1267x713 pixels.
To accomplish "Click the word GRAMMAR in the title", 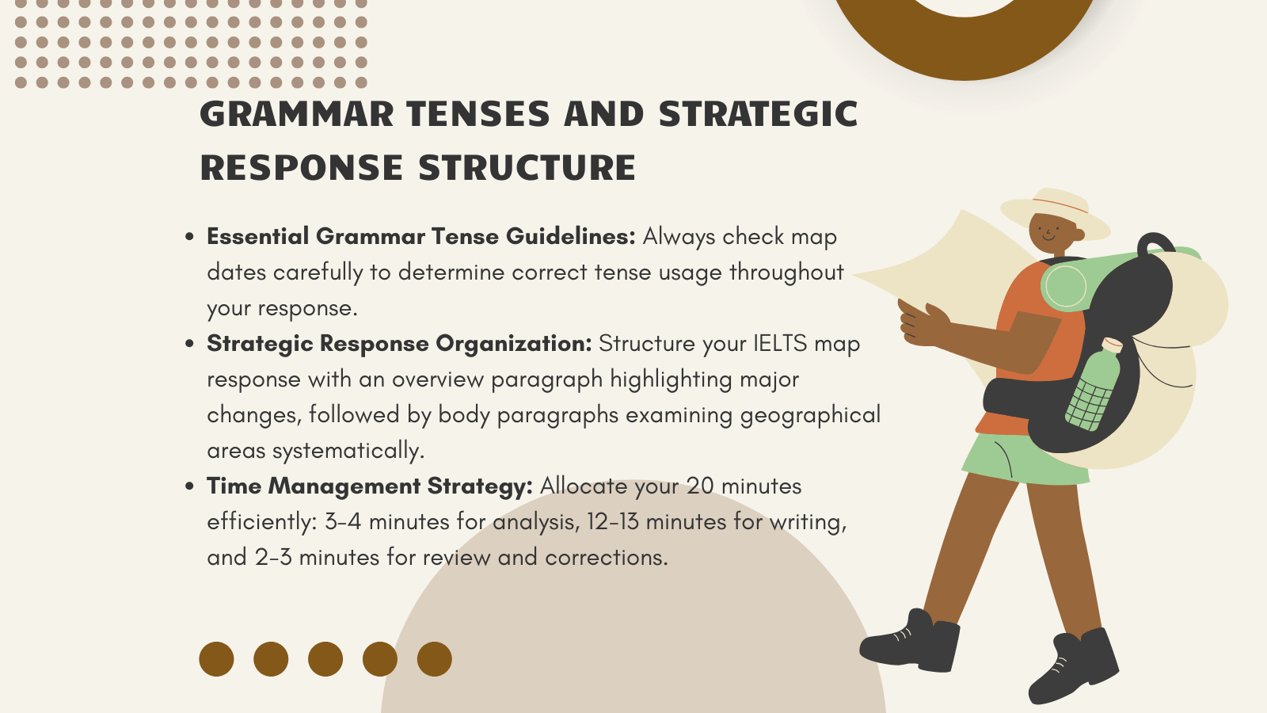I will tap(296, 115).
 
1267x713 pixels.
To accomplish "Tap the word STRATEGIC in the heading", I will tap(758, 115).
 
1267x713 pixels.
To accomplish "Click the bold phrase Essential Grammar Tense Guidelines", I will tap(420, 236).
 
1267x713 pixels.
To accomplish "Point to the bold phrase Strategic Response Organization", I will tap(399, 344).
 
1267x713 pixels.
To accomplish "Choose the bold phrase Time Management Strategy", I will tap(370, 486).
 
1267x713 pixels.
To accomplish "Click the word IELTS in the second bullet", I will tap(780, 344).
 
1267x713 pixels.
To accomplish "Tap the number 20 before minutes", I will tap(700, 486).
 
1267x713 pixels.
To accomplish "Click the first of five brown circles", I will tap(216, 659).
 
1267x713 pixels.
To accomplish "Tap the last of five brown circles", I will tap(434, 659).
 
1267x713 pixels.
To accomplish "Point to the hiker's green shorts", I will tap(1022, 459).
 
